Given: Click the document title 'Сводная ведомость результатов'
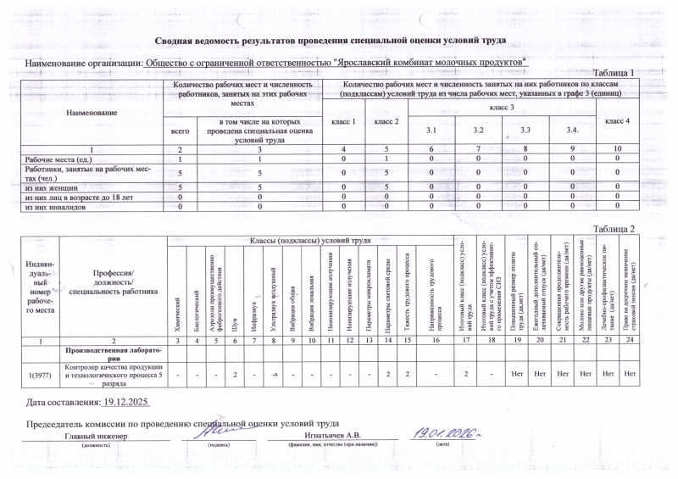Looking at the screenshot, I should pyautogui.click(x=330, y=41).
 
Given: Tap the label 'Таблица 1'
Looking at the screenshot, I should pyautogui.click(x=614, y=73).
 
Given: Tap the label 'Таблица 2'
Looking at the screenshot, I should pyautogui.click(x=614, y=230).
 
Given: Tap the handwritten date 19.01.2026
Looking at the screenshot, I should pyautogui.click(x=440, y=433).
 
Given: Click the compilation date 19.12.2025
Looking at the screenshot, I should pyautogui.click(x=124, y=401).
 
